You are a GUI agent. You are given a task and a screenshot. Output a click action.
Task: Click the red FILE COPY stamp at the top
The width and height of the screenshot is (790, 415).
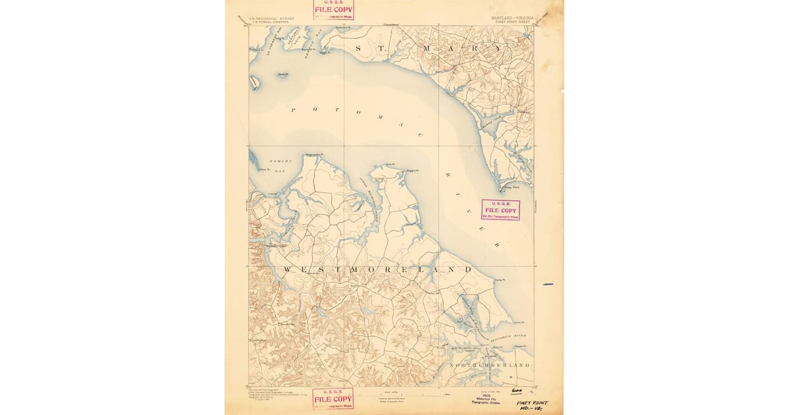tap(333, 9)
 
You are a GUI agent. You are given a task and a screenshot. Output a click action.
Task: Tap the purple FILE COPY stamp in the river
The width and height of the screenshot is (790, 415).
tap(500, 209)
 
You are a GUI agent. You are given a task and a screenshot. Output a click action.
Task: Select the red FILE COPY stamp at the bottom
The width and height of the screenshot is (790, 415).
tap(332, 398)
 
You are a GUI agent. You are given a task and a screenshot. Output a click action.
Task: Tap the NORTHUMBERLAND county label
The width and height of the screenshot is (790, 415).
tap(489, 364)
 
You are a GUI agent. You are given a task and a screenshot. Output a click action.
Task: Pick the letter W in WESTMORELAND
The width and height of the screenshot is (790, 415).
tap(288, 270)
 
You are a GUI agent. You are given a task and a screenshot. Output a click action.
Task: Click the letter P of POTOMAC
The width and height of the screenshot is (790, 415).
tap(294, 109)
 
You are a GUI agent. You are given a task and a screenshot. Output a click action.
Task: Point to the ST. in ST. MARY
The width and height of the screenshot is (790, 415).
tap(365, 49)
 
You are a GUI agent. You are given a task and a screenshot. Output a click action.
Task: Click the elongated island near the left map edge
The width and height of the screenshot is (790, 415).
tap(254, 82)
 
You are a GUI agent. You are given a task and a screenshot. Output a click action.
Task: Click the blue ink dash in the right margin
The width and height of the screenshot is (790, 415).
tap(548, 285)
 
